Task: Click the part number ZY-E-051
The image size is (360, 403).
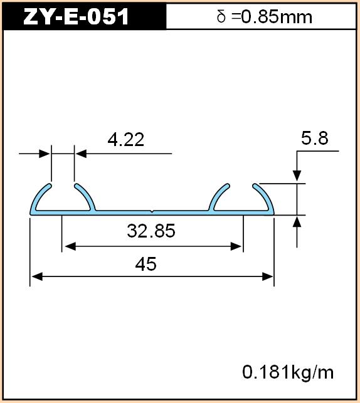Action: pos(76,16)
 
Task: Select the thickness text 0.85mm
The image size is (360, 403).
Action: pos(277,17)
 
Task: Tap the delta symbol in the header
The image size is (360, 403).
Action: pos(221,17)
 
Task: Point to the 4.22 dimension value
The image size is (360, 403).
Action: pos(125,140)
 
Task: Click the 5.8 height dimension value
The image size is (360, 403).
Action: pos(315,139)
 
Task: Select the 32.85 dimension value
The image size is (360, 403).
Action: pos(151,231)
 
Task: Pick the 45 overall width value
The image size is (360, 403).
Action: pos(146,264)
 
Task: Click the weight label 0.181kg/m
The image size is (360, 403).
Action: pos(288,372)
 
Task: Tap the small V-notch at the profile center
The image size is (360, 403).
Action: pos(152,212)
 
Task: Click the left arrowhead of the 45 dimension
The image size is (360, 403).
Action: pos(36,277)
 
